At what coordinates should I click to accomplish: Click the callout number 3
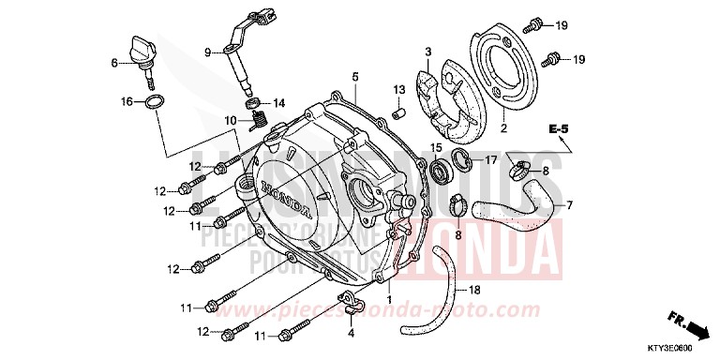pyautogui.click(x=427, y=52)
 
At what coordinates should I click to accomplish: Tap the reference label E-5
pyautogui.click(x=560, y=127)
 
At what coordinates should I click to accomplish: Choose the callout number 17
pyautogui.click(x=489, y=161)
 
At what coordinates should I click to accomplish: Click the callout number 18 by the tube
pyautogui.click(x=476, y=290)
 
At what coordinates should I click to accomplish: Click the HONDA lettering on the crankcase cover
pyautogui.click(x=288, y=196)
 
